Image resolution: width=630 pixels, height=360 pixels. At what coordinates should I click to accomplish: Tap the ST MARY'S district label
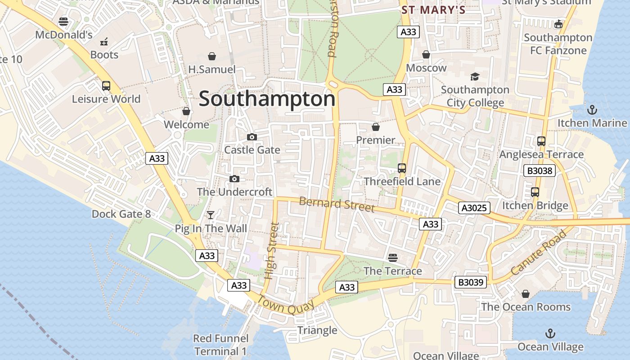(433, 9)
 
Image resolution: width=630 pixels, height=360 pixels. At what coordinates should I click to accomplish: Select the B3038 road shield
(540, 171)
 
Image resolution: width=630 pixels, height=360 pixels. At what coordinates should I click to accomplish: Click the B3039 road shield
(471, 283)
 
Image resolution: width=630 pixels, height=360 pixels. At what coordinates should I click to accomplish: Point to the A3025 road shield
(474, 208)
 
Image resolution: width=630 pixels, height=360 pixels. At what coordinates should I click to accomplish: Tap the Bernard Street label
(337, 204)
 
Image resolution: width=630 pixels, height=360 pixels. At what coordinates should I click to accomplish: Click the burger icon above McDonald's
(63, 22)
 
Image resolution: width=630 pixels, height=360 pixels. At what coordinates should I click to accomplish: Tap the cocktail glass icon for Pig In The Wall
(210, 215)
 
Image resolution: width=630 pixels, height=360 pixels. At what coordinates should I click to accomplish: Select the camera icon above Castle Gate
(252, 137)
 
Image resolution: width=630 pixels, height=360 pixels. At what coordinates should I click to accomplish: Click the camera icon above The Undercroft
(234, 179)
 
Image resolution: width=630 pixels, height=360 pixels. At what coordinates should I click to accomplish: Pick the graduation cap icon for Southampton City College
(475, 76)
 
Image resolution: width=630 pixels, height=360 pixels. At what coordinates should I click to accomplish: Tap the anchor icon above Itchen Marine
(592, 109)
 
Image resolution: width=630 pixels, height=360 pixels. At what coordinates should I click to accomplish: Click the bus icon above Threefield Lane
(402, 168)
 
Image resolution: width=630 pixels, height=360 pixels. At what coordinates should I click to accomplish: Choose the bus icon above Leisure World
(106, 85)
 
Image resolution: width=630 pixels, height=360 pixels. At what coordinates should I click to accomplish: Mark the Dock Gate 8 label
(121, 214)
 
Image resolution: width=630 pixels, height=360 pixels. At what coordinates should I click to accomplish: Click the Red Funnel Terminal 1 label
(220, 345)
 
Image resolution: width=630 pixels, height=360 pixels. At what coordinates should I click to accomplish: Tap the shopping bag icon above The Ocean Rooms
(525, 294)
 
